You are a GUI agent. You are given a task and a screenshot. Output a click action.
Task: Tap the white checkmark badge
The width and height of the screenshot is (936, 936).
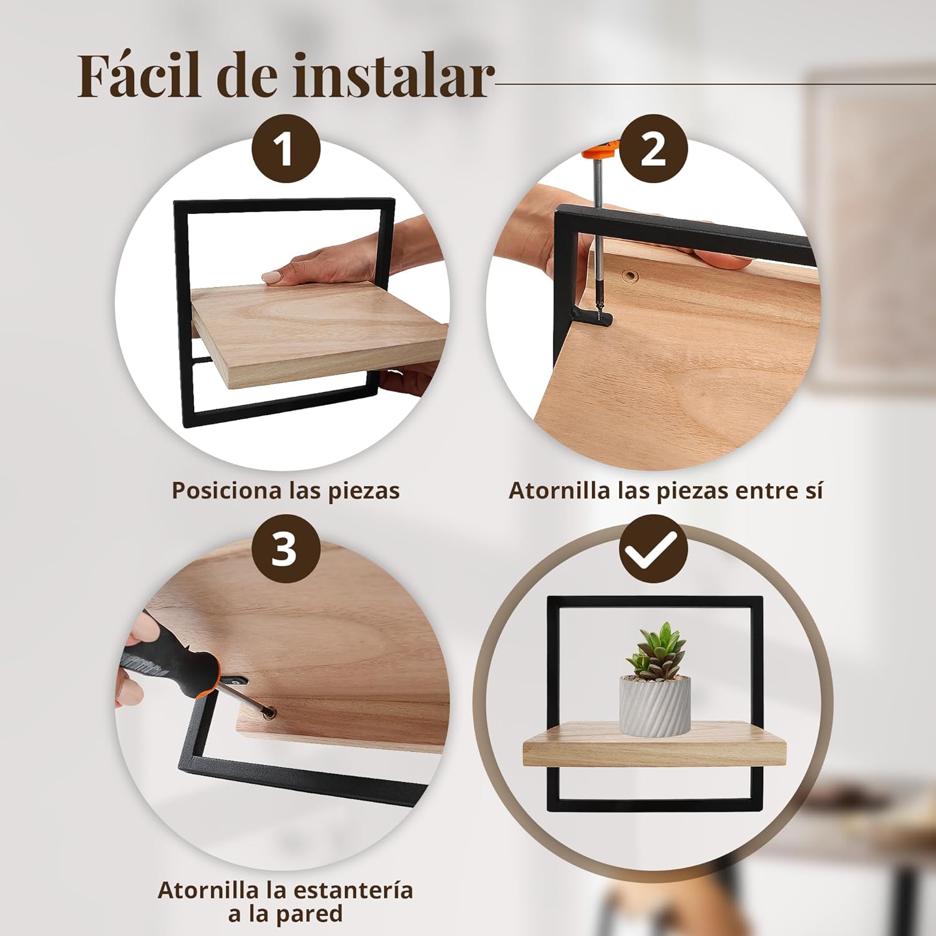653,549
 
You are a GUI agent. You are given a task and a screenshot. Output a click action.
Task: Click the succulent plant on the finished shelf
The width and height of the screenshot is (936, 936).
654,651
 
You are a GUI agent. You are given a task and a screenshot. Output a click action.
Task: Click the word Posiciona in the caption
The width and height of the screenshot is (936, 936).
227,490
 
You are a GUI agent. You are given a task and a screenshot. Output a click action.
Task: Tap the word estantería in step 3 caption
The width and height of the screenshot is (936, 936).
353,890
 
